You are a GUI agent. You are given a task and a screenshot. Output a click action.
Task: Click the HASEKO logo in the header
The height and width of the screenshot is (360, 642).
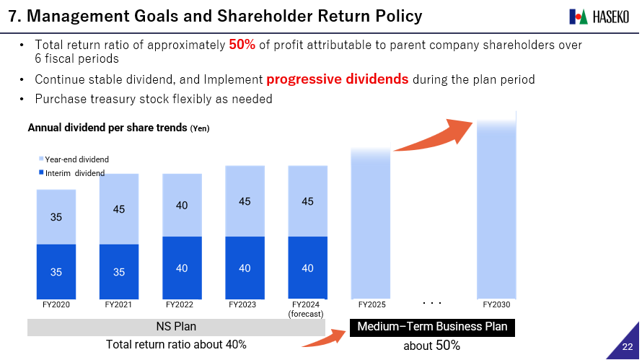coord(598,16)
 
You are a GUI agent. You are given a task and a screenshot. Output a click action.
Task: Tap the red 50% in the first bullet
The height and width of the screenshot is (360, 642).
coord(242,45)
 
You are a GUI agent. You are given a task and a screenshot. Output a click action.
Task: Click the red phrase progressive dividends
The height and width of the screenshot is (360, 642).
coord(337,79)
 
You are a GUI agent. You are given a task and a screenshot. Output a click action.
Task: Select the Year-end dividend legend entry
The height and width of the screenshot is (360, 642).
coord(76,159)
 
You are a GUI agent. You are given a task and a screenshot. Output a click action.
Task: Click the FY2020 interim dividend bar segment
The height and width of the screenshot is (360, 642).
coord(56,271)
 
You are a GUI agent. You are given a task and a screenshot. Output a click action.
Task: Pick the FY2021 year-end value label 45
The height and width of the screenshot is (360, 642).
coord(119,209)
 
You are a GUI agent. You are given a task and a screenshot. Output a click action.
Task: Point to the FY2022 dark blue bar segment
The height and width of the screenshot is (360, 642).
coord(182,268)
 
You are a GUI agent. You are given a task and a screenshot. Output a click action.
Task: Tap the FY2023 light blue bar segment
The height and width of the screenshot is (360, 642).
coord(245,201)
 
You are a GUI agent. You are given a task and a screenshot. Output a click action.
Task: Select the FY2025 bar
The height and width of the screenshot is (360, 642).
coord(371,224)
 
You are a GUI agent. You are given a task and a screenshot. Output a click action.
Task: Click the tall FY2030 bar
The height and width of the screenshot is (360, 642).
coord(496,209)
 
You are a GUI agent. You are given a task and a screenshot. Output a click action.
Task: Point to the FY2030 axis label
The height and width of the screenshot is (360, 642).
coord(496,304)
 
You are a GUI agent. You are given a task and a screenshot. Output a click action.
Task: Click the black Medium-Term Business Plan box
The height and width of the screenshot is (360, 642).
coord(432,327)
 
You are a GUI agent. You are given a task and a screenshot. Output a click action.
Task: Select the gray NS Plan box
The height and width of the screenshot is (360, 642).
coord(176,327)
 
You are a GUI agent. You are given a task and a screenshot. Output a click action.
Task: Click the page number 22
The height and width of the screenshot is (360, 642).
coord(628,348)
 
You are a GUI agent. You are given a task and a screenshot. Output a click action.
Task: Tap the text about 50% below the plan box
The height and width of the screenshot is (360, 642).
coord(431,346)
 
